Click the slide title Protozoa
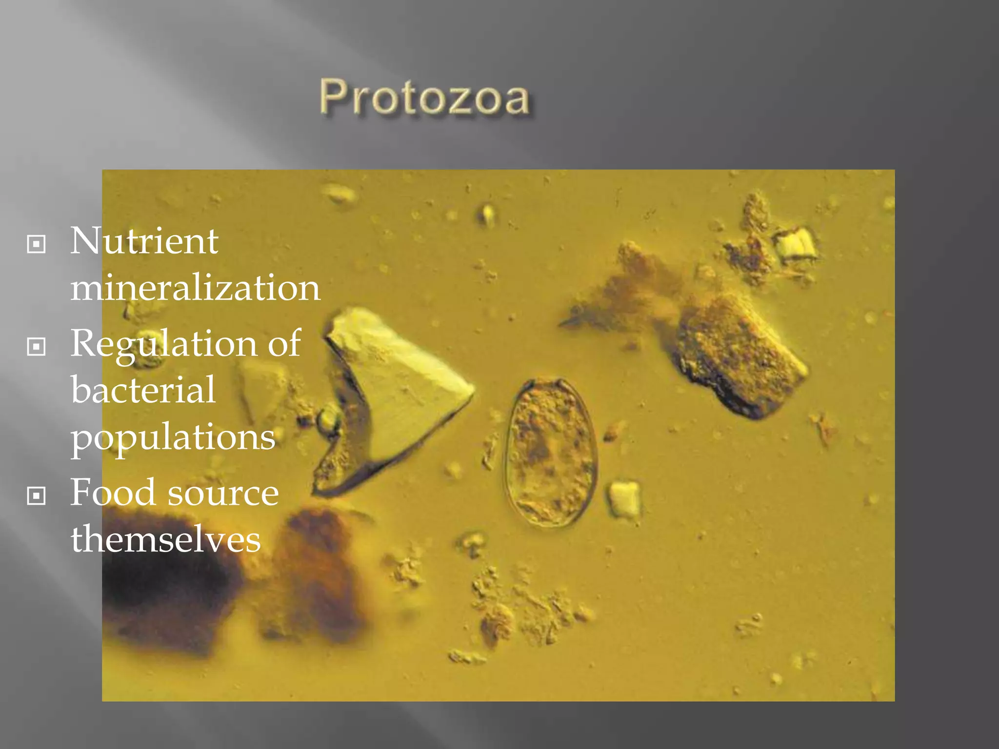click(x=424, y=98)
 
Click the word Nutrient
click(x=144, y=241)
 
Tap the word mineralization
click(x=195, y=288)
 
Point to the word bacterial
click(x=143, y=390)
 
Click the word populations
click(x=173, y=437)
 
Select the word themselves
click(x=166, y=539)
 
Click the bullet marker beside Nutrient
click(x=37, y=244)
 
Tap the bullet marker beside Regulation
click(x=37, y=347)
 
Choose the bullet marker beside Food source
click(x=37, y=496)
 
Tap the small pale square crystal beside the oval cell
click(x=624, y=498)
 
